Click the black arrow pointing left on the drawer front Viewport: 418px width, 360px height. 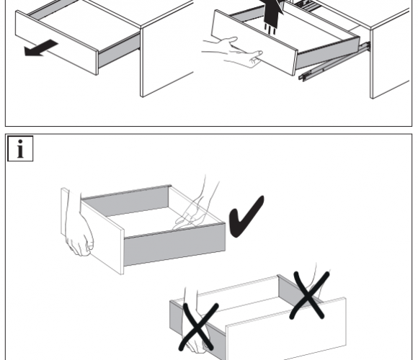point(41,48)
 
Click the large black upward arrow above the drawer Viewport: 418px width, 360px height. point(273,12)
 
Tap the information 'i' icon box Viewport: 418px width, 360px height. point(20,148)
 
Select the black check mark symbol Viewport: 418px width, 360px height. point(246,216)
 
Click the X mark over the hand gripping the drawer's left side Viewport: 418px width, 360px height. point(197,326)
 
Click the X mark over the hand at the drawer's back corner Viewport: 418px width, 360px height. point(309,294)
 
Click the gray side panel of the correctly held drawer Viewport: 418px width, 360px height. point(174,245)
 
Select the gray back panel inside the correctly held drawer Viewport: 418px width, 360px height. point(125,202)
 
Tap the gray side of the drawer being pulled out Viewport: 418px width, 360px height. point(119,51)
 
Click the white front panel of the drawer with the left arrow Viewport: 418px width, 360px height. point(56,42)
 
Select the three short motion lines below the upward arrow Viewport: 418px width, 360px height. point(270,29)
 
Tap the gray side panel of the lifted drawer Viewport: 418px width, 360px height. point(327,54)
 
